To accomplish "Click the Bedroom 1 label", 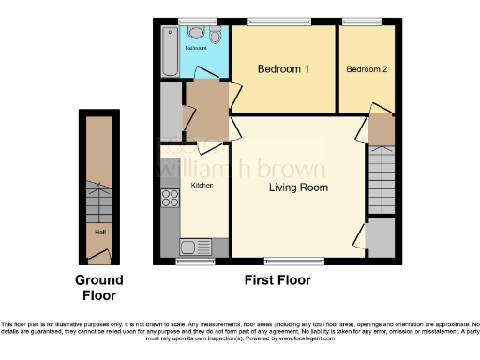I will tap(282, 69).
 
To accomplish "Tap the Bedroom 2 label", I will tap(366, 69).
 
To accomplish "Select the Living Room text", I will tap(297, 187).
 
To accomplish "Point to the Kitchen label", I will tap(202, 186).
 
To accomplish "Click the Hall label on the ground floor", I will tap(98, 230).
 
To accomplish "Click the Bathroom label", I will tap(195, 46).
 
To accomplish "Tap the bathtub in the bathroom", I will tap(170, 51).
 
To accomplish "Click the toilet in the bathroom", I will tap(216, 36).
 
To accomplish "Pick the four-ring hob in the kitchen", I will tap(171, 199).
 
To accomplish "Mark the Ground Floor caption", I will tap(98, 287).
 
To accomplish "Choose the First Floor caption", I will tap(277, 279).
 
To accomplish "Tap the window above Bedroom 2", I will tap(362, 22).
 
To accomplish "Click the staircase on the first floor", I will tap(380, 182).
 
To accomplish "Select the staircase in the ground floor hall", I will tap(97, 199).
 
